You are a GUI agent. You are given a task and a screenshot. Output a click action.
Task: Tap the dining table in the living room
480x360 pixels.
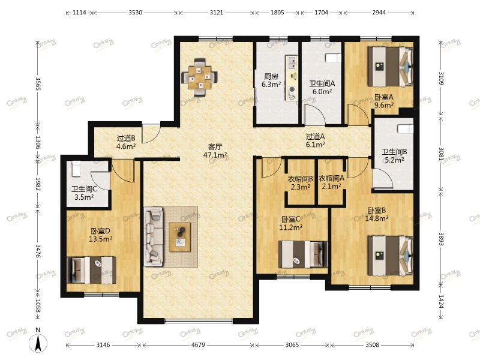click(x=200, y=77)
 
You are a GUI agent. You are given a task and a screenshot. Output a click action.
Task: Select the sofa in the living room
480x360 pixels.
click(x=153, y=236)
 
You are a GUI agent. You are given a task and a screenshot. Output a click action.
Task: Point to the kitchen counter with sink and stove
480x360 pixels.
click(x=292, y=78)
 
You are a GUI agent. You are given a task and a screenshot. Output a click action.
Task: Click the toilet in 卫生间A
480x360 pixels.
click(x=333, y=58)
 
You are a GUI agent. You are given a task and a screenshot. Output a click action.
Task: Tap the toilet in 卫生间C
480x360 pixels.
click(x=76, y=169)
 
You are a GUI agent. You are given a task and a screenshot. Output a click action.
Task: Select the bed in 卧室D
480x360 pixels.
click(x=92, y=270)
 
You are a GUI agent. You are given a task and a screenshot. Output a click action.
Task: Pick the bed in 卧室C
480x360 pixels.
click(x=304, y=254)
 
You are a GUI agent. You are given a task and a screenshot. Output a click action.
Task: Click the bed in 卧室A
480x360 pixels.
click(x=391, y=67)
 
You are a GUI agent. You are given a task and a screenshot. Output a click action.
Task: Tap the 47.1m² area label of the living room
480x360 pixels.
click(x=215, y=155)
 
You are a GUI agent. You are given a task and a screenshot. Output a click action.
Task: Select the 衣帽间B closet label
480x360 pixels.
click(x=301, y=178)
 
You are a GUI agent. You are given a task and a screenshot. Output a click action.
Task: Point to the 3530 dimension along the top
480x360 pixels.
click(x=135, y=13)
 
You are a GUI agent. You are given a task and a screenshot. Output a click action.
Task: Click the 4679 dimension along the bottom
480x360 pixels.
click(x=198, y=345)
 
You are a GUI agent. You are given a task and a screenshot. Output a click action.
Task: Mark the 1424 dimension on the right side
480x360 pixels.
click(x=441, y=302)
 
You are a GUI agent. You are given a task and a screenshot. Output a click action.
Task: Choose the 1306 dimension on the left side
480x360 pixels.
click(x=38, y=142)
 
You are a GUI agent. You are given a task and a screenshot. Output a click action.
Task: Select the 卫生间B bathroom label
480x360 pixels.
click(x=394, y=152)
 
